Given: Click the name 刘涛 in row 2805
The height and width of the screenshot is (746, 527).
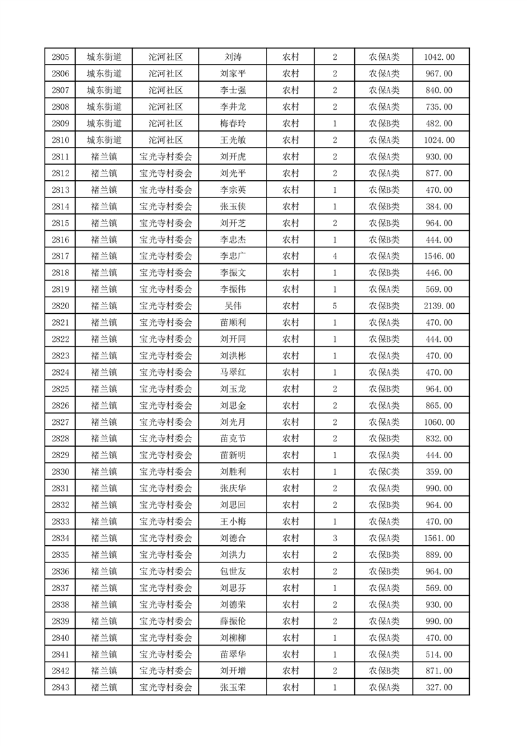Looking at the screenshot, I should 233,57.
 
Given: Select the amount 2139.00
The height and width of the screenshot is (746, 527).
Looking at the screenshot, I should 439,306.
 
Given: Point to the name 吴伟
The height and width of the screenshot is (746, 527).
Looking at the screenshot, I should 233,306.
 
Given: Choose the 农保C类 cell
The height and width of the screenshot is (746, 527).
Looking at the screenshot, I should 384,471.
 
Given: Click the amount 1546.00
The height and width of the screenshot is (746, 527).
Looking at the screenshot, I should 439,256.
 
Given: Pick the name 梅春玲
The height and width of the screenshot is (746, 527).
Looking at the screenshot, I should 233,124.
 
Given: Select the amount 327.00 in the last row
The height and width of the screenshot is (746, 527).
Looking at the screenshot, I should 439,687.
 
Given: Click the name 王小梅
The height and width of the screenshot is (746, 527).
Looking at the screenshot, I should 233,521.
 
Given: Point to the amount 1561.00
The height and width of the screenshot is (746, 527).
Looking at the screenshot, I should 439,538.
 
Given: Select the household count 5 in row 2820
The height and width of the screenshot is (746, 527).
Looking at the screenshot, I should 334,306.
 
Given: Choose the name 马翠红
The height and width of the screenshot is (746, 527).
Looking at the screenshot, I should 233,372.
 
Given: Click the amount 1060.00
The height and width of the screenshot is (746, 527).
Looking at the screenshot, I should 439,422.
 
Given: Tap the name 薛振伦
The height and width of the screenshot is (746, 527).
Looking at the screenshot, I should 233,621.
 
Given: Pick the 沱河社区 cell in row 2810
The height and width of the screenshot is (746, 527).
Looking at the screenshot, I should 165,140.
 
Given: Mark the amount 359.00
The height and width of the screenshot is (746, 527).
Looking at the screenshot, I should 439,471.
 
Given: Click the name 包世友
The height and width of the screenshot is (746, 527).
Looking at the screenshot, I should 233,571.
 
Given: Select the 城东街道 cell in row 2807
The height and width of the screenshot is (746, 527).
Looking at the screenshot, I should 104,90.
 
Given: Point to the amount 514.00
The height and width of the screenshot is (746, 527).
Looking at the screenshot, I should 439,654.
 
